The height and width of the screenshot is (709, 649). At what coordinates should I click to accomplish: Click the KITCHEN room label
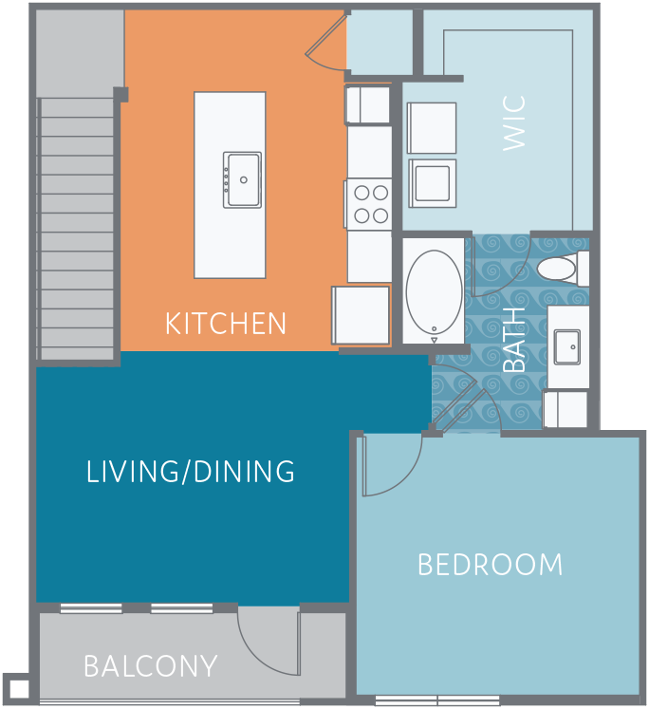225,324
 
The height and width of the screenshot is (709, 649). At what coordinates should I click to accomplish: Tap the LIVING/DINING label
191,472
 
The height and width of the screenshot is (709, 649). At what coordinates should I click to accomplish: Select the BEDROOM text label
490,566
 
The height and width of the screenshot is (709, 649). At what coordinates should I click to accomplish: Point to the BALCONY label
151,666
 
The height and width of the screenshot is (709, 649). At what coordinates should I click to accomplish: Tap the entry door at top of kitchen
325,42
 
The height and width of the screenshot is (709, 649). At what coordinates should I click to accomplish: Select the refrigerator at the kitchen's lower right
361,315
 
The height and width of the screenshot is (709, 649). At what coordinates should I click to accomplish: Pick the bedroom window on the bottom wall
437,701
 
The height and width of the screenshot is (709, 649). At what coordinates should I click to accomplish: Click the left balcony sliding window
91,608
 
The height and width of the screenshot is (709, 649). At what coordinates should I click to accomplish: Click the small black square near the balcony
18,688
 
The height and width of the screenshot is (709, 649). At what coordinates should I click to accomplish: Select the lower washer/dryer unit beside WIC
432,182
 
